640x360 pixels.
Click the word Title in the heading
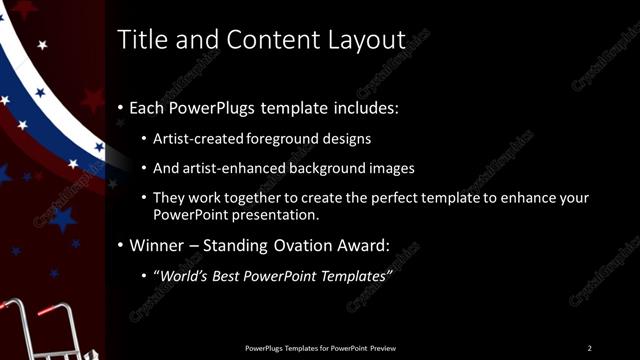coord(140,40)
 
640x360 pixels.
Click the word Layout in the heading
coord(366,40)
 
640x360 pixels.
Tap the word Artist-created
coord(195,138)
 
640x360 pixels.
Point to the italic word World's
coord(183,275)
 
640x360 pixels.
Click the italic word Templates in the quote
coord(350,275)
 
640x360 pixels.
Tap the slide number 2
coord(589,348)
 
